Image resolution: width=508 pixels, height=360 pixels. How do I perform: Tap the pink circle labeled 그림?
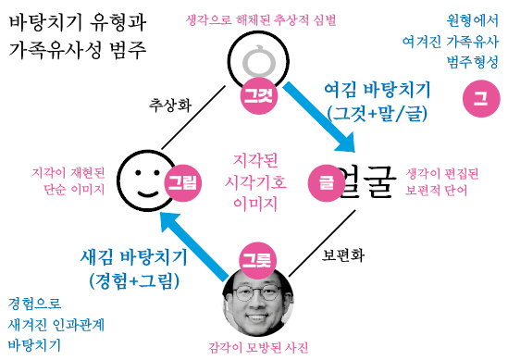point(181,183)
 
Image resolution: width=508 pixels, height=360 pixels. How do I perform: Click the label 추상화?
point(168,105)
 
